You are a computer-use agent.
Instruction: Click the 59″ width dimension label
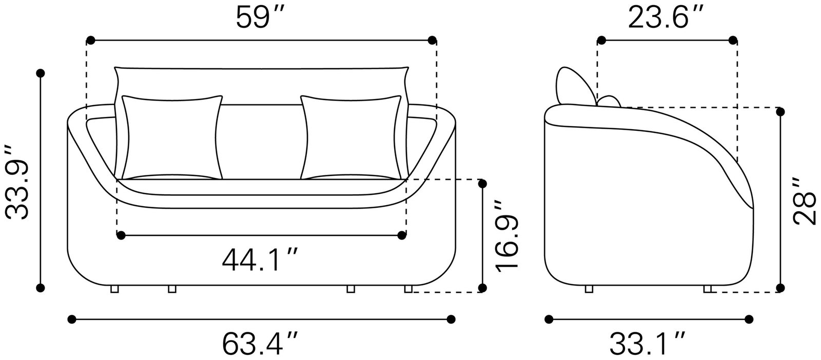coord(260,18)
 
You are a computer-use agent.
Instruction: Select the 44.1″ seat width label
coord(260,260)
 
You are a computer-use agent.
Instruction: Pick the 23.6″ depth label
coord(666,18)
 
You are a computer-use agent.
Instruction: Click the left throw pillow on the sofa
coord(172,137)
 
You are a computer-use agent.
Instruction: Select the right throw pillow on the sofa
coord(351,137)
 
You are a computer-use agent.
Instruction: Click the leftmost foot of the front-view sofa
coord(114,290)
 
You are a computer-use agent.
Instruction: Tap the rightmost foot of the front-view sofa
coord(408,290)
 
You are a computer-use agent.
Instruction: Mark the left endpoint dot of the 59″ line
coord(91,40)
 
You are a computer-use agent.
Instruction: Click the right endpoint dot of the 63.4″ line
coord(451,319)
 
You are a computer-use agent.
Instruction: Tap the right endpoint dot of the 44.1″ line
coord(401,235)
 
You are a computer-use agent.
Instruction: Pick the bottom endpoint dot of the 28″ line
coord(780,288)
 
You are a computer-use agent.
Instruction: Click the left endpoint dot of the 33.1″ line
coord(549,319)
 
